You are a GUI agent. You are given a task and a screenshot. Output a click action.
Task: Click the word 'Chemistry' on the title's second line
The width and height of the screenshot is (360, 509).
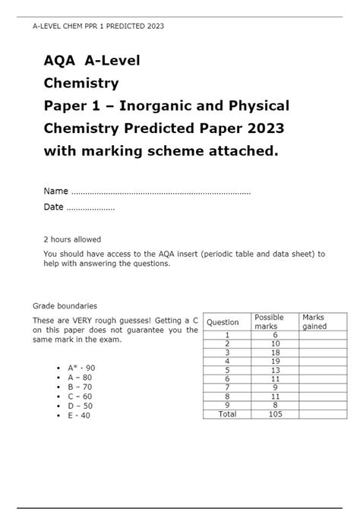81,82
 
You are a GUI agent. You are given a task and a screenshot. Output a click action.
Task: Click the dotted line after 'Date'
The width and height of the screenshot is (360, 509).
90,207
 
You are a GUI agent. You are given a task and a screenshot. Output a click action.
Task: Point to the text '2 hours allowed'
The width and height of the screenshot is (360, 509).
72,239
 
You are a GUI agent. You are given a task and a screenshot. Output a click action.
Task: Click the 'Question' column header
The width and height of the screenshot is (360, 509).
223,322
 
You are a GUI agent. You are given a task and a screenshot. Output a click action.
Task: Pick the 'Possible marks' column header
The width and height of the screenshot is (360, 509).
269,321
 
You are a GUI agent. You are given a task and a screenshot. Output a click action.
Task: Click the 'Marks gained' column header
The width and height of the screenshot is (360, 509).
314,321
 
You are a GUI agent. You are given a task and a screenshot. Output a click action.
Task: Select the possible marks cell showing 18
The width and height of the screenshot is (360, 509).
275,352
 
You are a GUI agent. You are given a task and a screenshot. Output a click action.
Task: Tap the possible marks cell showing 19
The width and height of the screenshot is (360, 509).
275,361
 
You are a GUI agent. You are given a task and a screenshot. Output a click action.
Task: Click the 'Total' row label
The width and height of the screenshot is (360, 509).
227,414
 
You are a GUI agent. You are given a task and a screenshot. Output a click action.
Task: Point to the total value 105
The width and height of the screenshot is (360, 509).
275,414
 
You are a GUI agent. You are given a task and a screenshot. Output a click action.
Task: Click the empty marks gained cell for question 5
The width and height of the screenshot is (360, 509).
322,370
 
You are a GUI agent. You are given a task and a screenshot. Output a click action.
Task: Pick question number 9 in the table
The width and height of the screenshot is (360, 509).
227,405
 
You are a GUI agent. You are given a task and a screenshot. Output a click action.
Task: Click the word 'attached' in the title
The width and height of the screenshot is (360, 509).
243,151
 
